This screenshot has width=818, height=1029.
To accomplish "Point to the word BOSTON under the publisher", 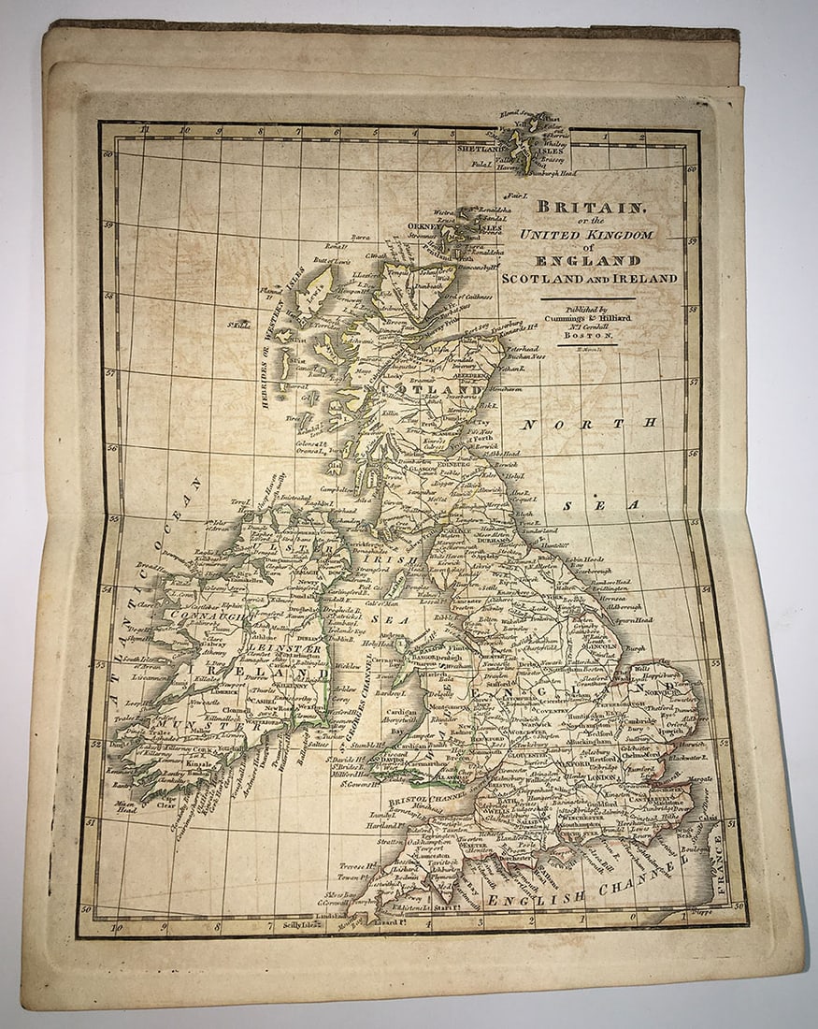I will pos(587,335).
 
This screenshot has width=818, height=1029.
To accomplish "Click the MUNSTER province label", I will pos(178,725).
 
